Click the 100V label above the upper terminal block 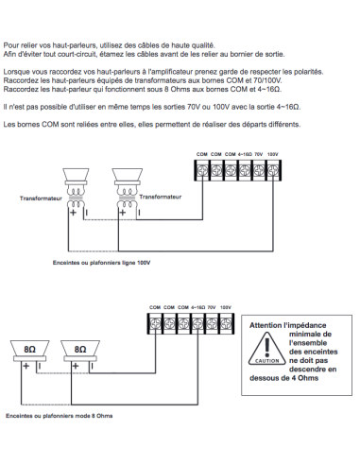point(273,154)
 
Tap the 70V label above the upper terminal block point(259,154)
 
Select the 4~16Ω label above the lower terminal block point(197,307)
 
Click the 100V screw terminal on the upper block point(273,170)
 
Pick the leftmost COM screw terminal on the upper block point(202,170)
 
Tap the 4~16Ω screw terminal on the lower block point(197,323)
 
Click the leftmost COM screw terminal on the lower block point(155,323)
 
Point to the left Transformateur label point(41,198)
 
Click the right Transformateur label point(161,197)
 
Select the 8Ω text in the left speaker point(29,350)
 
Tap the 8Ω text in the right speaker point(80,350)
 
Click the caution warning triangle point(266,349)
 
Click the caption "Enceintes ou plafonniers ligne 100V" point(101,263)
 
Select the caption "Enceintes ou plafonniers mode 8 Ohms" point(60,416)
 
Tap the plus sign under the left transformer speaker point(73,213)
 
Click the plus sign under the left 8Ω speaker point(26,366)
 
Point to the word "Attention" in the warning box point(266,325)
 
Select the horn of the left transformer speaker point(76,174)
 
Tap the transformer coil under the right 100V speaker point(127,198)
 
